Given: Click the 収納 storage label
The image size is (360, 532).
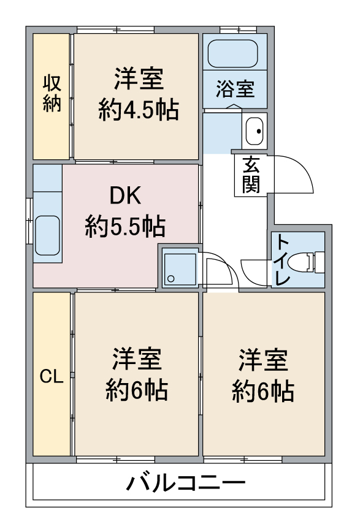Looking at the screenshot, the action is [52, 93].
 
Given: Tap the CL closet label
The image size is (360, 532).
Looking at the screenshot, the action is [52, 376].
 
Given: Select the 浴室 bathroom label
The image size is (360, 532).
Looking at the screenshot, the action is [235, 89].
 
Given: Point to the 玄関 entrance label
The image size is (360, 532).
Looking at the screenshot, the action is [251, 175].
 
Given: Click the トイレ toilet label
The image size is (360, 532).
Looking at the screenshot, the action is [281, 259].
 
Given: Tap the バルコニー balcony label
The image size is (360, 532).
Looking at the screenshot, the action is [185, 482].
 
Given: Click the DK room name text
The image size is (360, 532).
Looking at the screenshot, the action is [125, 196].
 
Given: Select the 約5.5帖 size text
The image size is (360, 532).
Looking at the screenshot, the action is [125, 226].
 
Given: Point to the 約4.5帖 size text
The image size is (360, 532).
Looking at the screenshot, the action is [139, 110].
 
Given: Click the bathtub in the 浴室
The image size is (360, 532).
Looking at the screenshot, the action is [233, 53].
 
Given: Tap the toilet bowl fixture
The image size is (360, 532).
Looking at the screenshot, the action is [305, 262].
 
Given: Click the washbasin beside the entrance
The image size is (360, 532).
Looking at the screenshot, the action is [255, 131].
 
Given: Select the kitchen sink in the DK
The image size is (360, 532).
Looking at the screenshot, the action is [48, 235].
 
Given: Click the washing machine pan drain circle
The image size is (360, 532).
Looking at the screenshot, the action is [171, 278].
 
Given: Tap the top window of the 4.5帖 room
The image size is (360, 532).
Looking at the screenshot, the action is [115, 30].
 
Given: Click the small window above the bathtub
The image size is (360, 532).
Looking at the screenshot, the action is [238, 30].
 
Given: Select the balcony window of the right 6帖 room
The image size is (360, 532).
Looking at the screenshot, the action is [243, 460].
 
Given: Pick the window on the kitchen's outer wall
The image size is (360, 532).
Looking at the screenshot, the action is [29, 221].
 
